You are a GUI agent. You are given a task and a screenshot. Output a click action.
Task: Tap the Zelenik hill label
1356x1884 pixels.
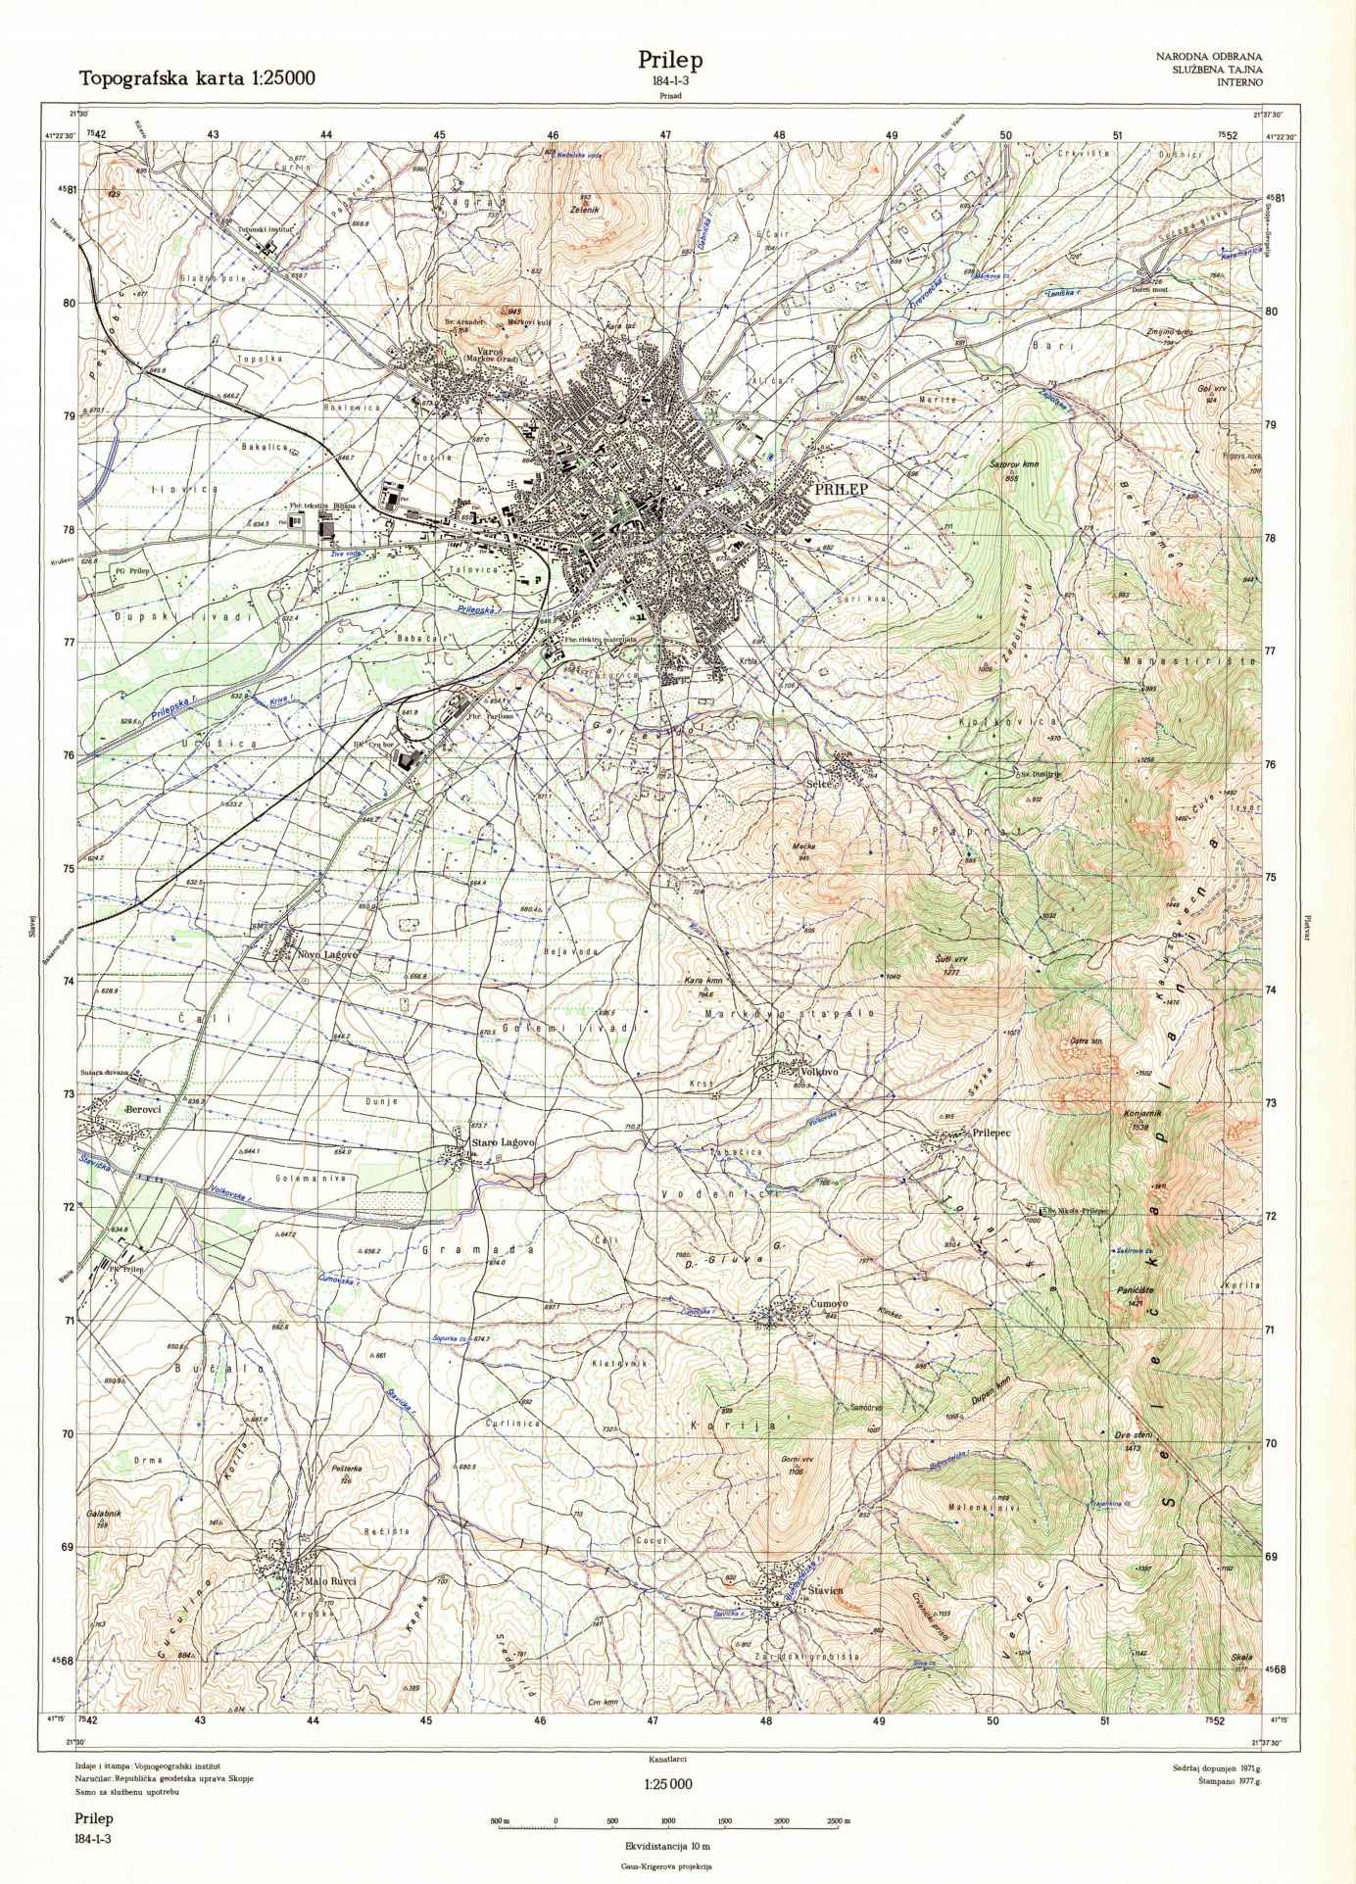pyautogui.click(x=583, y=209)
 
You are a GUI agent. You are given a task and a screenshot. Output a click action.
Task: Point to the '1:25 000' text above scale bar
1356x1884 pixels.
pyautogui.click(x=668, y=1783)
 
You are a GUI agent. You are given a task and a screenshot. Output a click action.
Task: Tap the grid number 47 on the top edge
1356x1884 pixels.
pyautogui.click(x=666, y=134)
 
